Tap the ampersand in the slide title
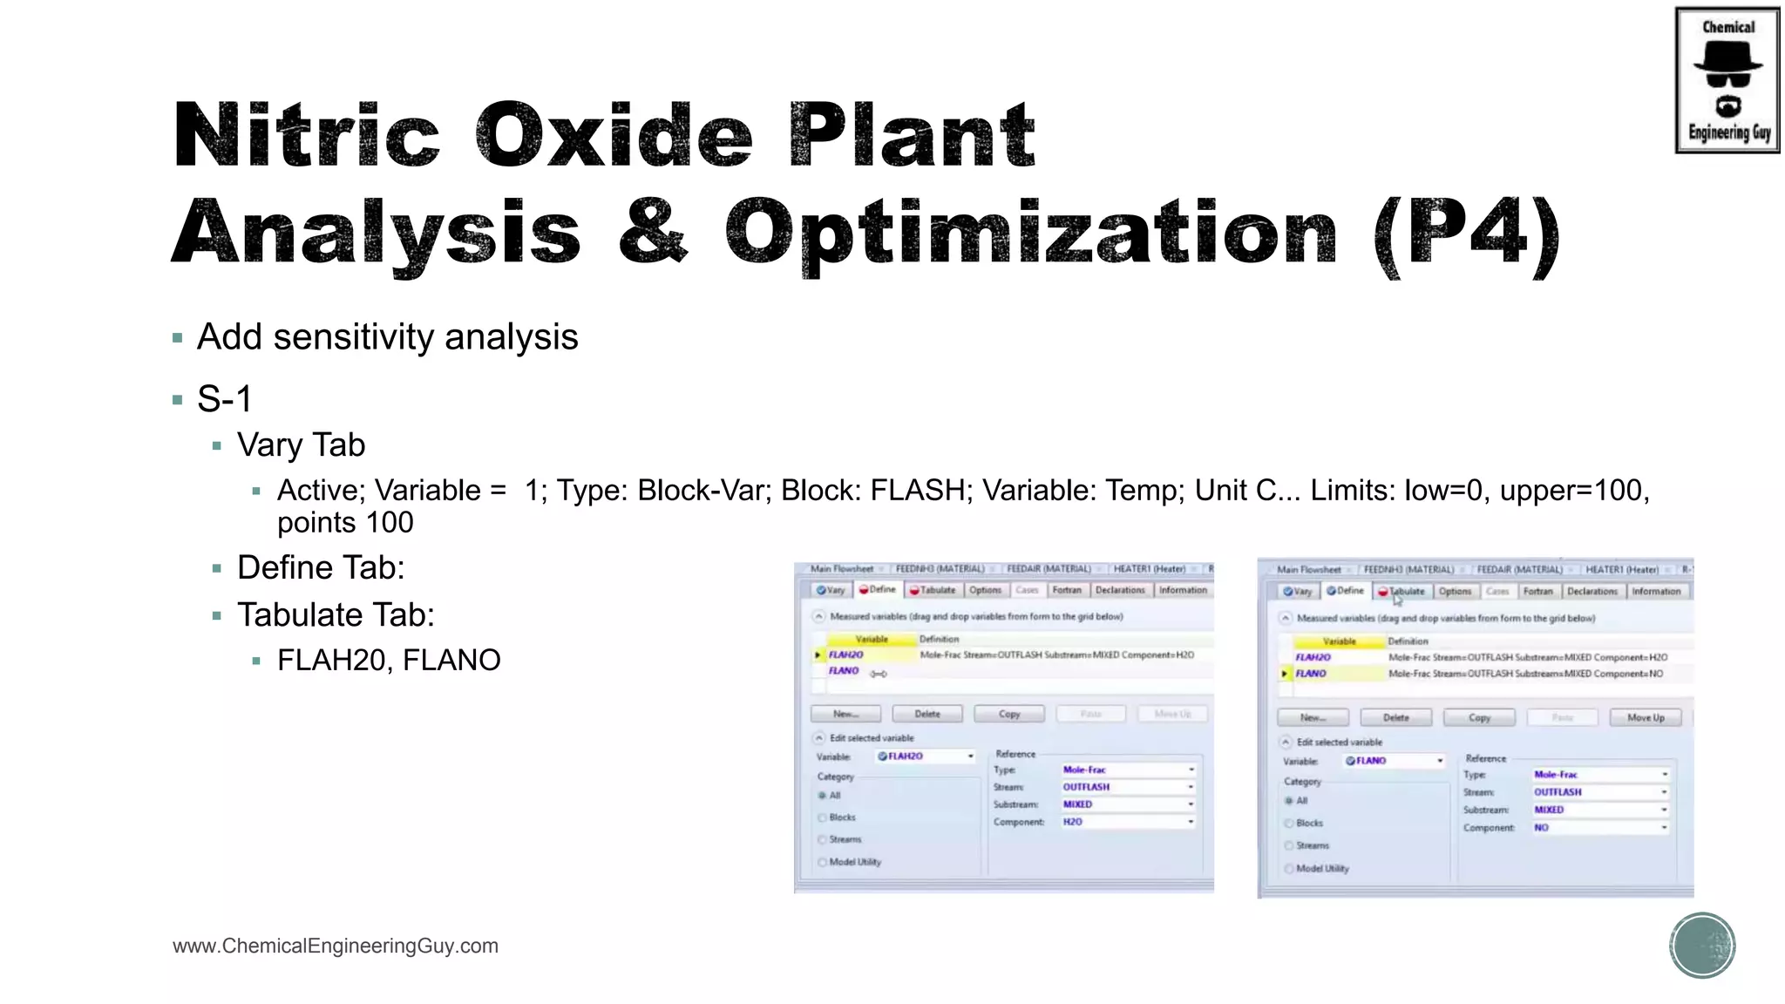[653, 231]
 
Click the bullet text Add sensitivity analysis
[387, 337]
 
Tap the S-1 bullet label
[224, 399]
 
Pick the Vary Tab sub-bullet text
[301, 445]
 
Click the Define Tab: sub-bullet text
[321, 567]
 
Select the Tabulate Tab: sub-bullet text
[336, 615]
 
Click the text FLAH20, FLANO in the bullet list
[389, 661]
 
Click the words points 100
[345, 523]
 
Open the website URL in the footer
[336, 946]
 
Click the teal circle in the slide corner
[1702, 946]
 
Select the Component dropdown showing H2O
[1126, 822]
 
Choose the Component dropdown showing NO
[1599, 827]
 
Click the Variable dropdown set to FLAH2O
[926, 756]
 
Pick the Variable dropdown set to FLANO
[1393, 761]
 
